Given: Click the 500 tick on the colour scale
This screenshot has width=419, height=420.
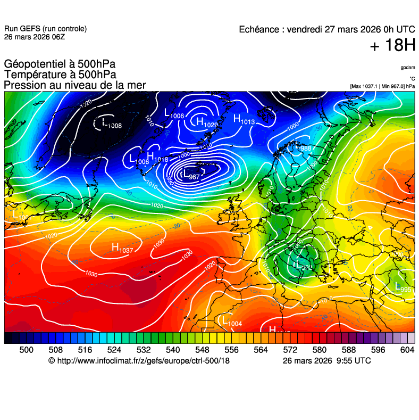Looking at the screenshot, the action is pyautogui.click(x=26, y=350).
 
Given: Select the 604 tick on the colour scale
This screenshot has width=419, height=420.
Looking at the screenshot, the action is pyautogui.click(x=407, y=350).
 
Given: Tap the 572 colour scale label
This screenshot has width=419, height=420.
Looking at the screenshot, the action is pyautogui.click(x=290, y=350).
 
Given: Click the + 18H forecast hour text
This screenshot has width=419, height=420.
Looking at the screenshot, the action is pyautogui.click(x=392, y=46).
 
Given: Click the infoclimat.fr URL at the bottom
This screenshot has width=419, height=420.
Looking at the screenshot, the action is pyautogui.click(x=139, y=361).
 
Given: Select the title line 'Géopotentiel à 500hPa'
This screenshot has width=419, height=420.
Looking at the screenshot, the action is pyautogui.click(x=60, y=63).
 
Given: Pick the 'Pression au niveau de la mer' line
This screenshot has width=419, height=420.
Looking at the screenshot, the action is pyautogui.click(x=74, y=85).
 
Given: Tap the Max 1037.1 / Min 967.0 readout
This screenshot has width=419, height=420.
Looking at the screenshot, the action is pyautogui.click(x=382, y=86).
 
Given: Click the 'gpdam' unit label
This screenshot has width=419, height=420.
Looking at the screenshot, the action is pyautogui.click(x=408, y=68).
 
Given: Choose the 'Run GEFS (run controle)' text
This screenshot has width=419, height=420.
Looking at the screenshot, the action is pyautogui.click(x=45, y=29).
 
